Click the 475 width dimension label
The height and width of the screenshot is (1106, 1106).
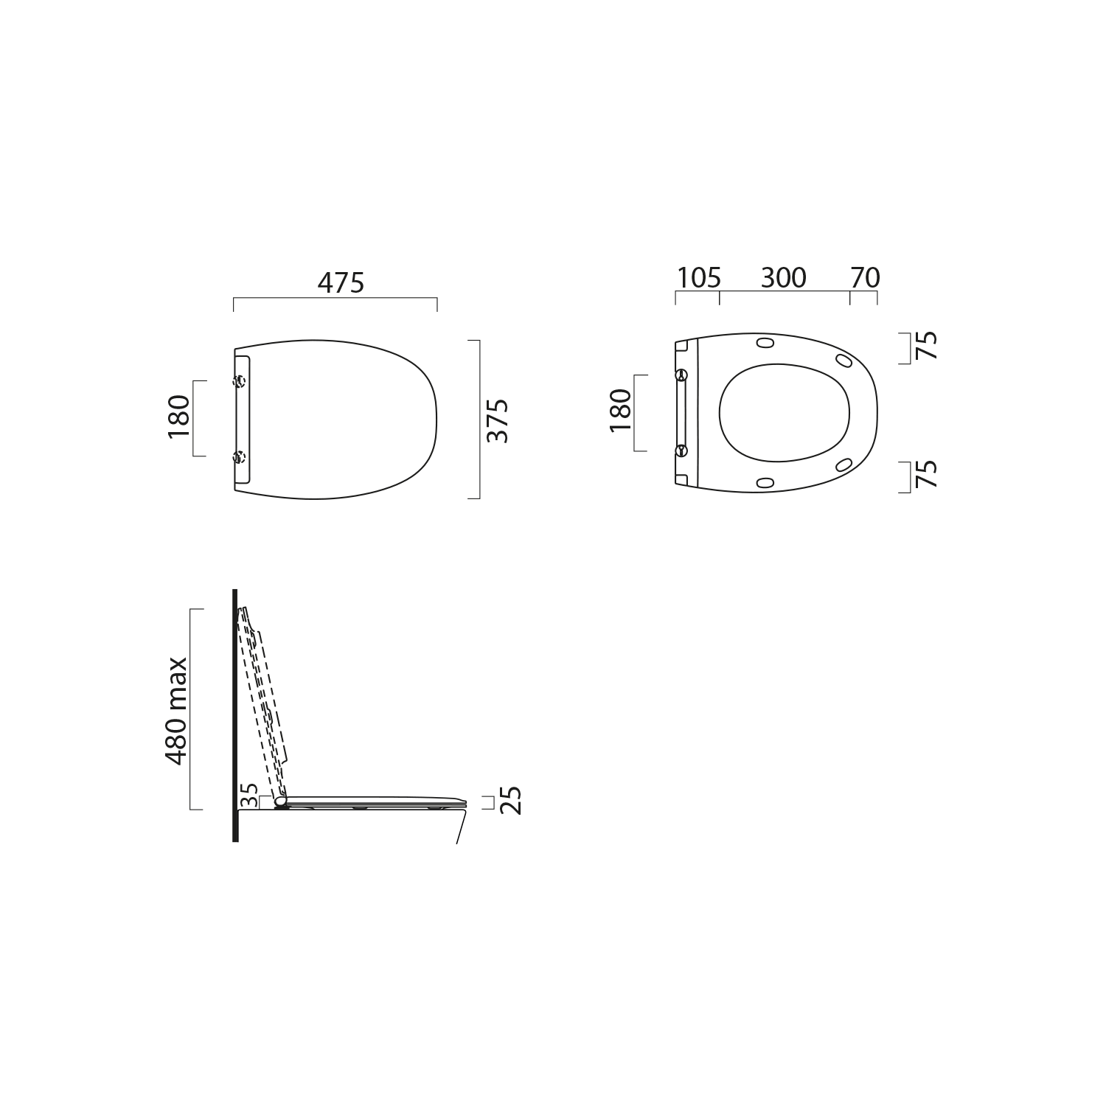click(341, 282)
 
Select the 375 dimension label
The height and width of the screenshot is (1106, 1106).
click(498, 420)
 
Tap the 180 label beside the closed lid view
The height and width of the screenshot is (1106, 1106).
click(179, 417)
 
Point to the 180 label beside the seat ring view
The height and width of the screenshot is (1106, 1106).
click(621, 410)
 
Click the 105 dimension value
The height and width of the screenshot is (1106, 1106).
click(699, 278)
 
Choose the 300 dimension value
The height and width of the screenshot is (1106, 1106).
click(783, 278)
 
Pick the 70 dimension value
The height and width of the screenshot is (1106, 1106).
click(866, 278)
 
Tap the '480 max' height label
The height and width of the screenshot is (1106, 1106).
click(176, 709)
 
